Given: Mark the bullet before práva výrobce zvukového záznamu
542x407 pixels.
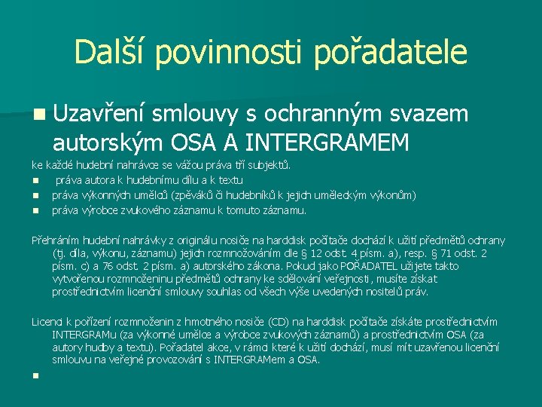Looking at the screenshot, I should pyautogui.click(x=35, y=211).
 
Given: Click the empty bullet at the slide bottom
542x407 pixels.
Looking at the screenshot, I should pyautogui.click(x=35, y=375).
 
